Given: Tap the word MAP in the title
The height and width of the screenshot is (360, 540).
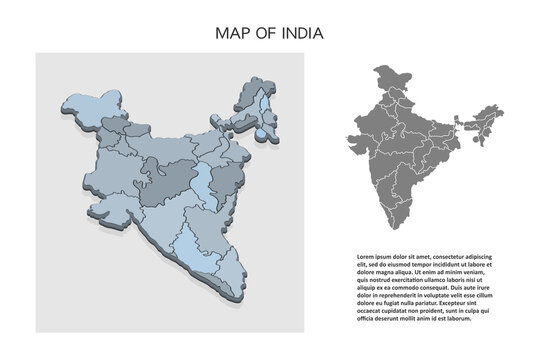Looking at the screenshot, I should pyautogui.click(x=233, y=33).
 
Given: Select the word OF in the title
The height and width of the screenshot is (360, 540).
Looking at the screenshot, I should pyautogui.click(x=264, y=33).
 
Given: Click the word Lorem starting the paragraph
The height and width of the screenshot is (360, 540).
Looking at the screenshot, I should pyautogui.click(x=367, y=257).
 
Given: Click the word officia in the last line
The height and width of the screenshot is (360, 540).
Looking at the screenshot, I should pyautogui.click(x=366, y=321).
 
